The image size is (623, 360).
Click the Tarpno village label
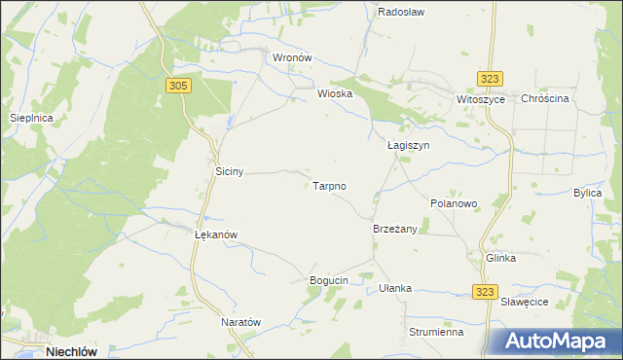click(x=330, y=185)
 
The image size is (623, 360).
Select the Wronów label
click(x=291, y=57)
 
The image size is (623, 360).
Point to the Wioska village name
click(x=334, y=94)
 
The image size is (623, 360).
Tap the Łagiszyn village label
click(x=408, y=145)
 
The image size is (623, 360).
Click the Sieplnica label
click(x=30, y=118)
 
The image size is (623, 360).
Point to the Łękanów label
click(x=216, y=234)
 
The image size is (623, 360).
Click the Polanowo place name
click(x=454, y=204)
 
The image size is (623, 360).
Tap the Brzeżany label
click(x=395, y=229)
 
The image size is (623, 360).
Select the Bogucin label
click(x=328, y=281)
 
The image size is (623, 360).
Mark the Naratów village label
click(x=241, y=322)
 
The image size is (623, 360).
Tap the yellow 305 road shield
click(x=177, y=86)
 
